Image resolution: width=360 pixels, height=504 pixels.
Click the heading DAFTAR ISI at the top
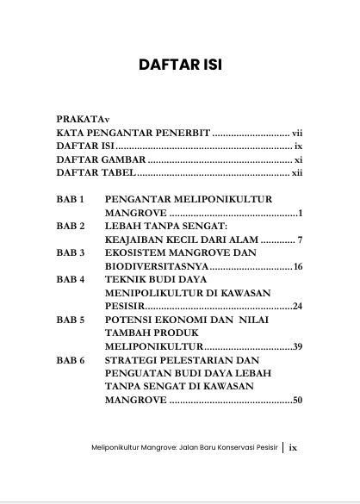coord(180,65)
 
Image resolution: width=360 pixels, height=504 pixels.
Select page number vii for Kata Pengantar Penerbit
coord(295,134)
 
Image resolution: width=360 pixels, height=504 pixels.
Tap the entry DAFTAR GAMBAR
coord(102,159)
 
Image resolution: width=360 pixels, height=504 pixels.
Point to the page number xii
coord(295,172)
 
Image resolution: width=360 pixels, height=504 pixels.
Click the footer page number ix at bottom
coord(294,471)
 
